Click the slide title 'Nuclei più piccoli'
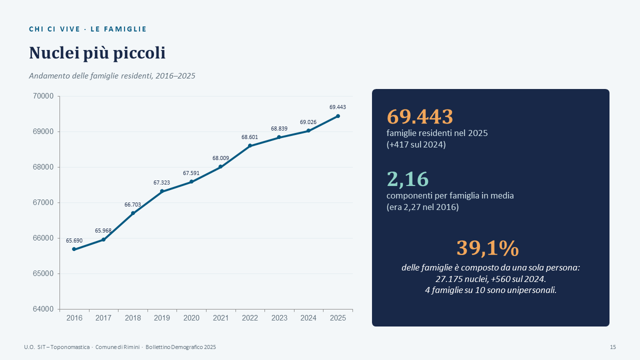pos(97,53)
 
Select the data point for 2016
pos(74,249)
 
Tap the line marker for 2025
pos(337,116)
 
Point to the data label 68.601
pos(249,137)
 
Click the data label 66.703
pos(132,204)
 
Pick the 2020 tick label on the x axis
pos(191,318)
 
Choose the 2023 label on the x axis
pos(279,318)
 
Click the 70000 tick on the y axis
pos(43,96)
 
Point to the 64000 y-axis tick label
pos(43,309)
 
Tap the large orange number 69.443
pos(419,116)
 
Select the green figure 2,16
pos(407,179)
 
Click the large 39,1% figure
pos(487,247)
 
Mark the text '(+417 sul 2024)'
pos(416,144)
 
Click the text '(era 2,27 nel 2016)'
pos(422,207)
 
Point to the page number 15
pos(613,347)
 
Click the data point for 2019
pos(162,191)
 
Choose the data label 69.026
pos(308,122)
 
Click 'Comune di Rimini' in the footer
pos(117,347)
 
